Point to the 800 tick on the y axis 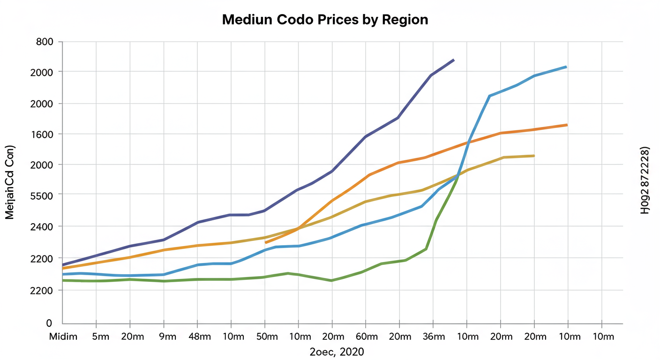coord(45,42)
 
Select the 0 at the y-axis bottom coord(48,323)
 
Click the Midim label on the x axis coord(63,337)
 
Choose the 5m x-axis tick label coord(100,337)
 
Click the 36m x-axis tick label coord(433,337)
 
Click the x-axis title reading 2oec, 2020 coord(337,352)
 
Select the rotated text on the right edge coord(645,180)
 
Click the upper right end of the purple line coord(453,60)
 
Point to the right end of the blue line coord(566,67)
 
